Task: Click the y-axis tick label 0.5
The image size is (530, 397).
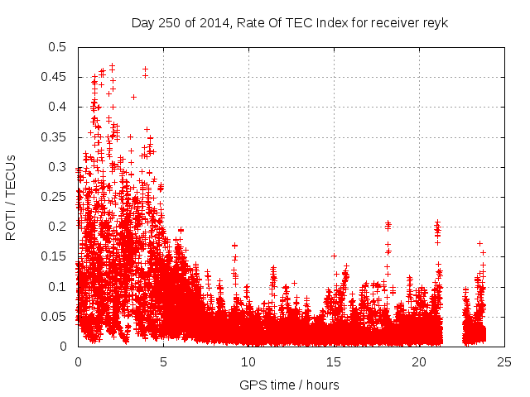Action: (59, 47)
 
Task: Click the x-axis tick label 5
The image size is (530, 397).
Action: (163, 362)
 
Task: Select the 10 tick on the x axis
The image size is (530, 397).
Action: (248, 362)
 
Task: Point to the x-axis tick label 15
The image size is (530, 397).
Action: (334, 362)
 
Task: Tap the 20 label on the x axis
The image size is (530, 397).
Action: (419, 362)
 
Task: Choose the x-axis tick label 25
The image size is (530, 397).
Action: (504, 362)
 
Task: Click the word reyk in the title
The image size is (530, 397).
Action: (435, 22)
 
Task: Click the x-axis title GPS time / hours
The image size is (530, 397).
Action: (289, 385)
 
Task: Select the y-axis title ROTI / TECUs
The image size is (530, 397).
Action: (12, 197)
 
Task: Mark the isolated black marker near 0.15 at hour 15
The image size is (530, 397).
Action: (334, 256)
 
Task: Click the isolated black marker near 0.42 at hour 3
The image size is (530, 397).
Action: (133, 97)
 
